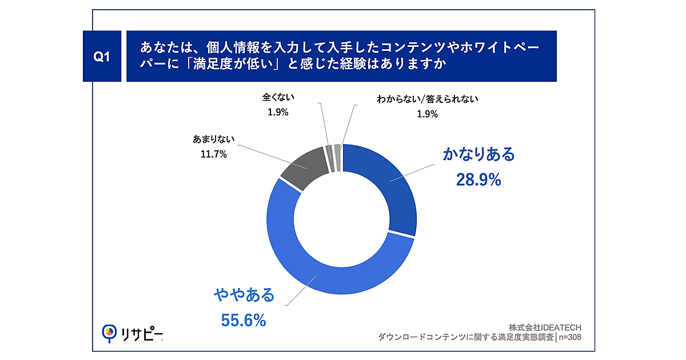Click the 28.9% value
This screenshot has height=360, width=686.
[x=478, y=180]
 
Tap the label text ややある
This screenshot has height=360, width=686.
[x=244, y=295]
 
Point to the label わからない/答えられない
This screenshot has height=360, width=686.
[x=427, y=99]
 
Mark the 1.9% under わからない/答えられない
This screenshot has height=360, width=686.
[x=427, y=114]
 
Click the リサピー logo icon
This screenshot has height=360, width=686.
[x=109, y=333]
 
